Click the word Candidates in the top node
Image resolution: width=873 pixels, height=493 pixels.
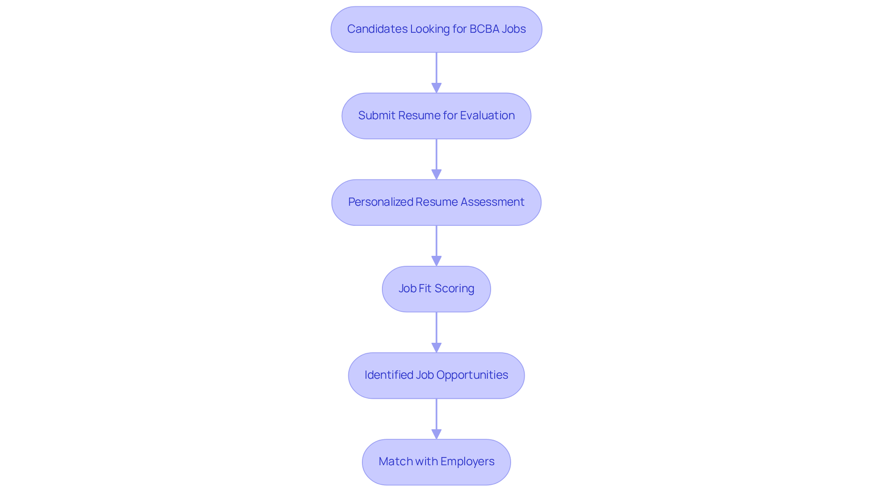coord(377,29)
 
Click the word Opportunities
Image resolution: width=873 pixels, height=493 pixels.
coord(472,375)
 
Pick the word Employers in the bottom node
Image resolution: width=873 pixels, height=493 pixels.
coord(467,461)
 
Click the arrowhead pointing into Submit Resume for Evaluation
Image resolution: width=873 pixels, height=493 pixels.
coord(436,88)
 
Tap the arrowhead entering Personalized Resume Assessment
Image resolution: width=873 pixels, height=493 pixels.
coord(436,174)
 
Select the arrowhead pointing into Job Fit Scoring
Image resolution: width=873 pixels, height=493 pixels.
coord(436,261)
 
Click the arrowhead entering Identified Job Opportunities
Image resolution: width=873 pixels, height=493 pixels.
coord(436,347)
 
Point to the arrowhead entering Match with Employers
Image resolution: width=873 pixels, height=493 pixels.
coord(436,434)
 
